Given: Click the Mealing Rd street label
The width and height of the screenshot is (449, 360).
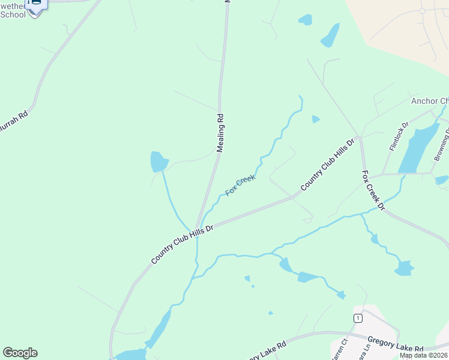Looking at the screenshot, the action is (220, 133).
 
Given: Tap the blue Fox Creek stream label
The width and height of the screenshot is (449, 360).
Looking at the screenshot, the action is (240, 185).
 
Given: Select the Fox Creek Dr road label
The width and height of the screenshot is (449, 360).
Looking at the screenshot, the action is (372, 191).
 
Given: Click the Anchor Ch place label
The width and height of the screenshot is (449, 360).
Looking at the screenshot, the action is (429, 101).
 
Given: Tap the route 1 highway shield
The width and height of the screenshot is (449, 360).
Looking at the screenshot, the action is (358, 318).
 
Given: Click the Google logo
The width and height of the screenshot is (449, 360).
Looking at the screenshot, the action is (20, 353).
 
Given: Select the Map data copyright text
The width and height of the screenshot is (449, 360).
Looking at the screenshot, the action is (424, 355).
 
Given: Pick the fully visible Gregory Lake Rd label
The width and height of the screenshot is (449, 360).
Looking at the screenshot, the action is (396, 347).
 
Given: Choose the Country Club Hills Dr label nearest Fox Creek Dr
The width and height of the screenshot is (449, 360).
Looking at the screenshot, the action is (328, 164).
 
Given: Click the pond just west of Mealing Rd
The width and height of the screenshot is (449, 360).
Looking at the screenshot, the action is (158, 162).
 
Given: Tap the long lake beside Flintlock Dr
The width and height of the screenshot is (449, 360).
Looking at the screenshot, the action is (418, 147).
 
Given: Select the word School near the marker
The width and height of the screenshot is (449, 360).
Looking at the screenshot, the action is (13, 14).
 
